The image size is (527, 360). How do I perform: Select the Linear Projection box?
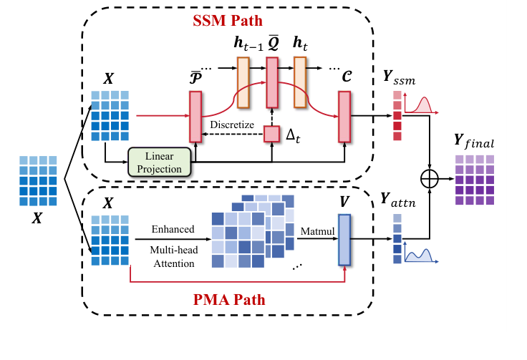click(x=159, y=161)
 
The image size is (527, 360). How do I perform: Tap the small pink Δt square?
click(x=271, y=133)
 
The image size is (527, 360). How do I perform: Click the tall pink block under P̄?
click(x=195, y=116)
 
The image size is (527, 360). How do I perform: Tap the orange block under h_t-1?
click(x=243, y=82)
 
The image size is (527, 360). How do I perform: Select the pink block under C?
click(x=344, y=116)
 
